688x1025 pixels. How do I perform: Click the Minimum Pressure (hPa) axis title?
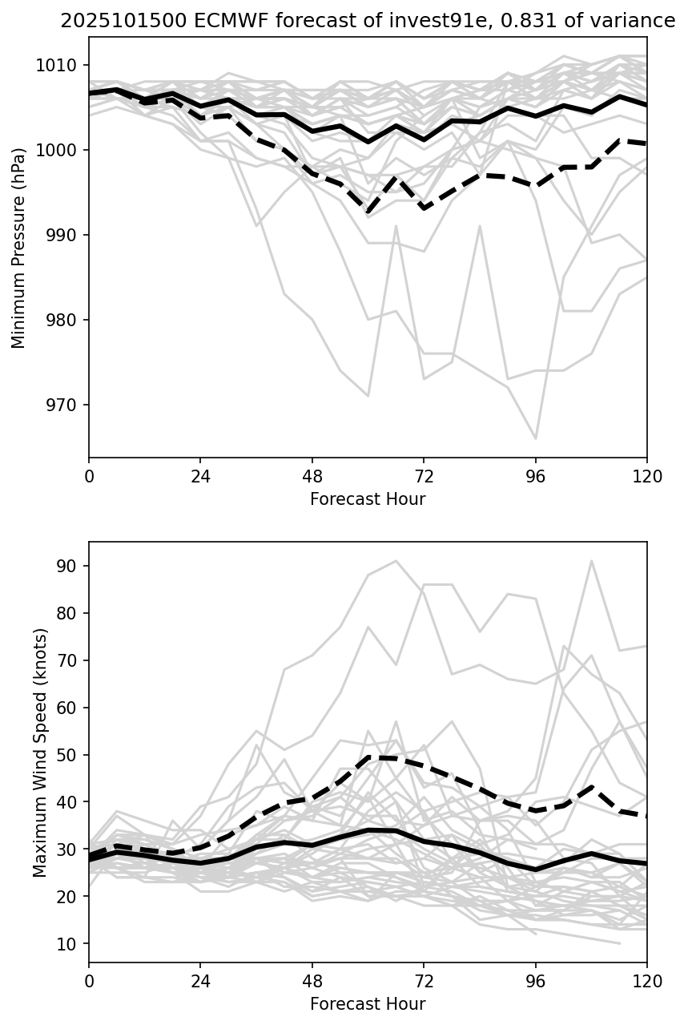[19, 247]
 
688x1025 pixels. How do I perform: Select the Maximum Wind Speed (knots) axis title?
[40, 752]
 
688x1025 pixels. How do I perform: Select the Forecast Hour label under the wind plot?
[368, 1004]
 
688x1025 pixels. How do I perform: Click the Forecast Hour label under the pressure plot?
[368, 499]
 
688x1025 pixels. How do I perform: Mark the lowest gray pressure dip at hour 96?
[535, 438]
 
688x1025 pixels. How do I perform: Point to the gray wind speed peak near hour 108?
[591, 561]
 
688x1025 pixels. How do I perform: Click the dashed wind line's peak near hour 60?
[368, 757]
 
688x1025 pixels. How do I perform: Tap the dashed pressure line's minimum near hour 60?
[368, 211]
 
